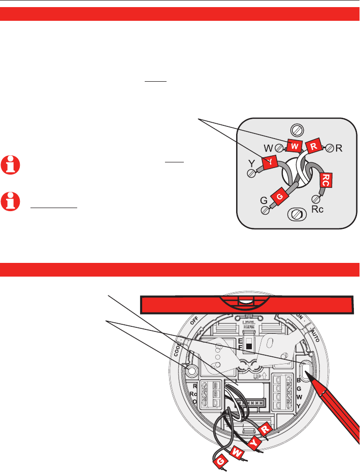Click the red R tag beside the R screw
pyautogui.click(x=313, y=147)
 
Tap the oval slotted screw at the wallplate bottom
pyautogui.click(x=294, y=215)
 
